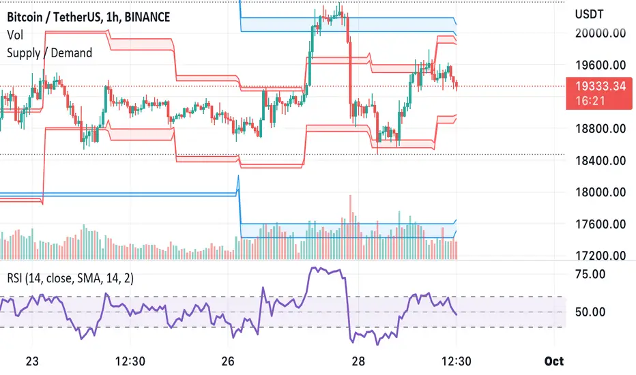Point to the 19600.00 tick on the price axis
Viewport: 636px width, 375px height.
pyautogui.click(x=601, y=66)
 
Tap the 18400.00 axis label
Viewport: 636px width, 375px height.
pyautogui.click(x=601, y=161)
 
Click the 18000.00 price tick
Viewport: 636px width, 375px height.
pyautogui.click(x=601, y=192)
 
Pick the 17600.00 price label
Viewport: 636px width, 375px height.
pyautogui.click(x=601, y=224)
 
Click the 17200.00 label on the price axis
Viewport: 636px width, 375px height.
pyautogui.click(x=601, y=256)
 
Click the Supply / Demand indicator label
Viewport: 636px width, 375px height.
pyautogui.click(x=49, y=52)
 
